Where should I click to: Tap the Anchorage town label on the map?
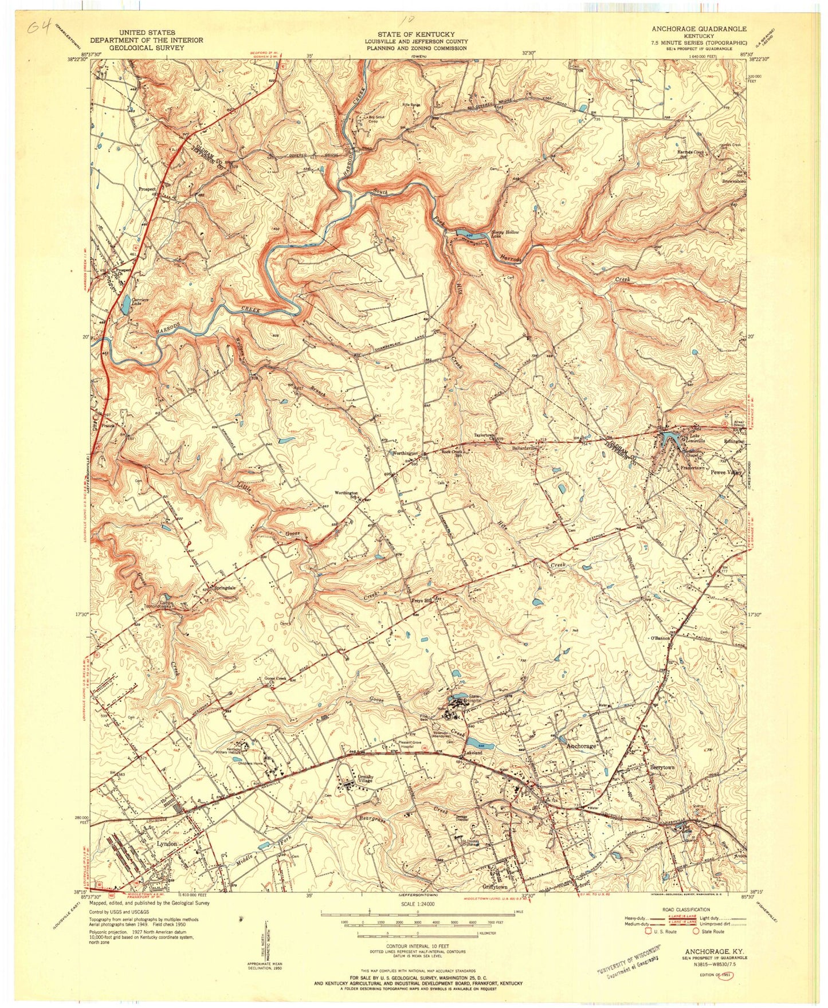[x=581, y=747]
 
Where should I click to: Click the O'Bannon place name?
[x=659, y=638]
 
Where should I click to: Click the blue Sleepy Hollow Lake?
[x=469, y=233]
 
